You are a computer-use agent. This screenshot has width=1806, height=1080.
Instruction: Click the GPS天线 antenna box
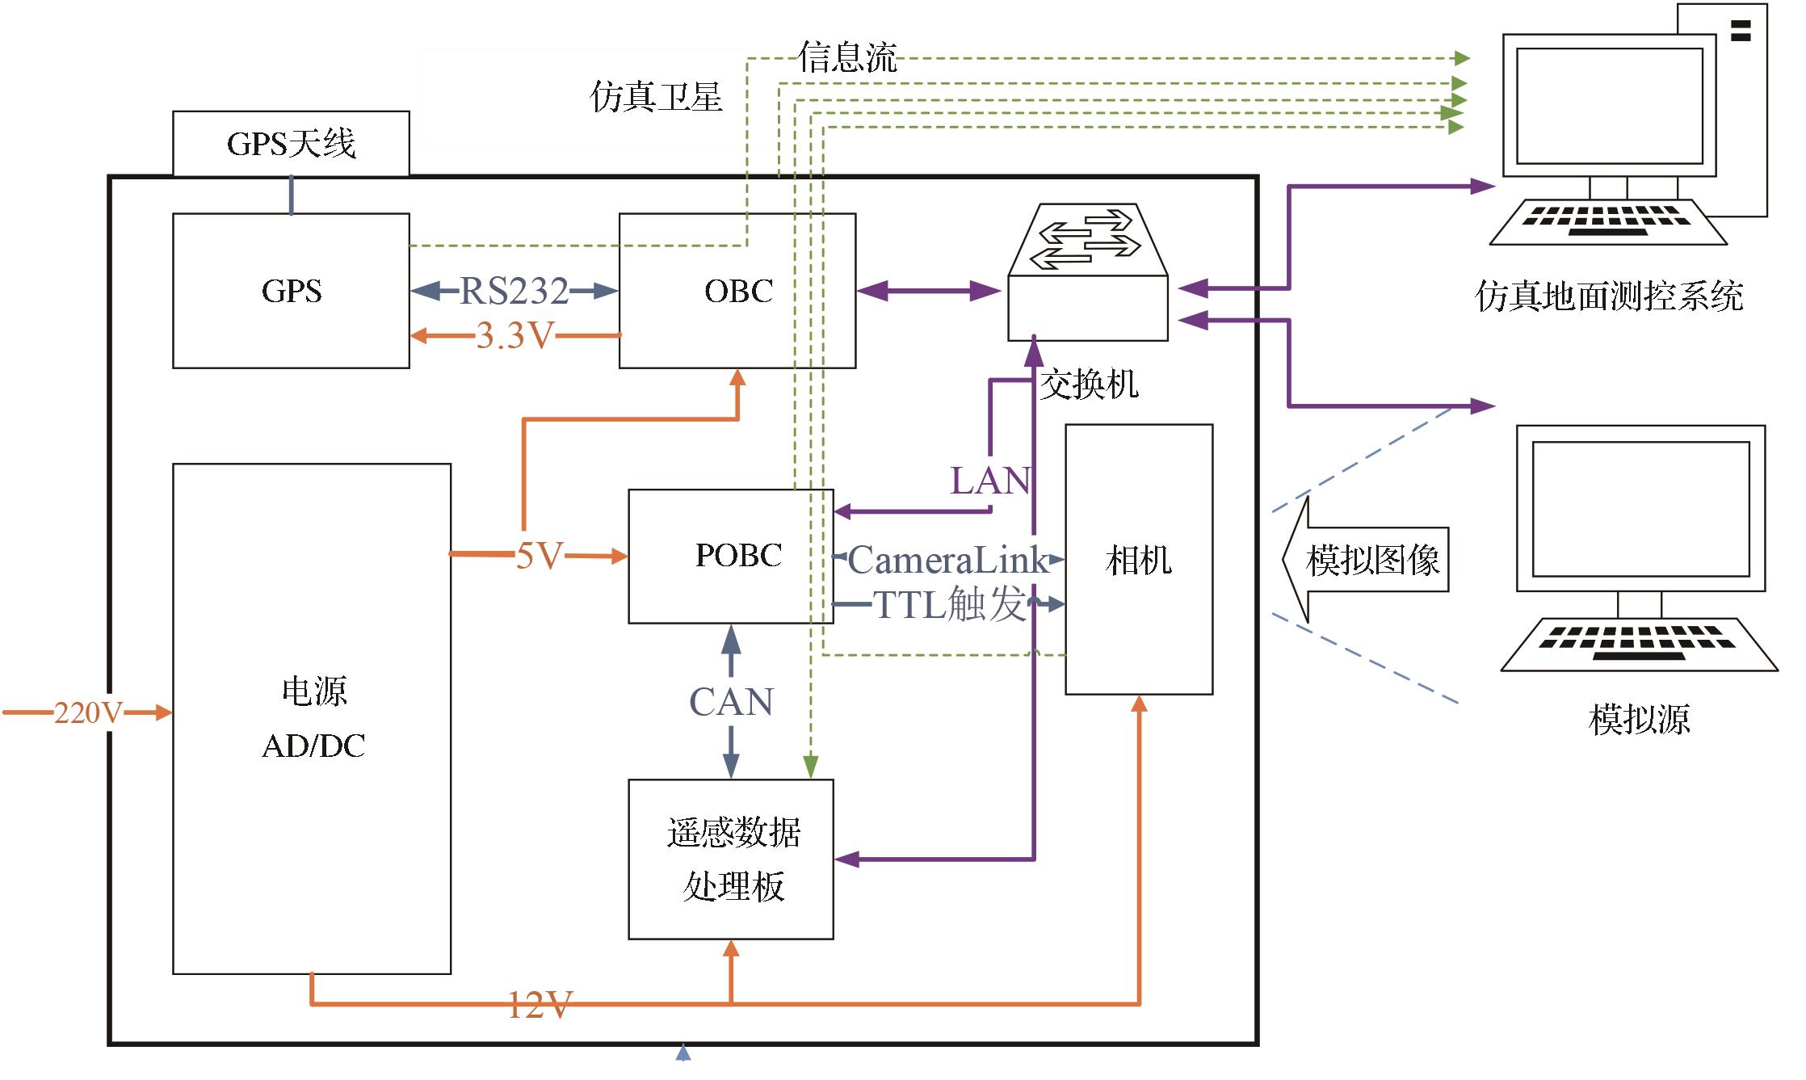[x=291, y=144]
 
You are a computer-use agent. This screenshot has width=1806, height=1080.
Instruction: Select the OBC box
[x=737, y=291]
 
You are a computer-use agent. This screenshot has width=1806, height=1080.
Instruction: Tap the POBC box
[x=731, y=556]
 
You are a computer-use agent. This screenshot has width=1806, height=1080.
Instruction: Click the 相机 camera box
[x=1139, y=560]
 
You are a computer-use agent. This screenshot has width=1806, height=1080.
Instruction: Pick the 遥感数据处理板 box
[x=731, y=859]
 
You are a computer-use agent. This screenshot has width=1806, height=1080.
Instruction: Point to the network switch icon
[x=1088, y=273]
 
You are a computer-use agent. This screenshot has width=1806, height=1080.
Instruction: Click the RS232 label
[x=514, y=292]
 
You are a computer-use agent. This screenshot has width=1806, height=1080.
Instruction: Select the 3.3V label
[x=514, y=335]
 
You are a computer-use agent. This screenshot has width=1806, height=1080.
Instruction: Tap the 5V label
[x=539, y=555]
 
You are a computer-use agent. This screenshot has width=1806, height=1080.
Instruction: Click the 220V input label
[x=88, y=712]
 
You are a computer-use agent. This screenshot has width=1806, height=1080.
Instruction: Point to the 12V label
[x=540, y=1005]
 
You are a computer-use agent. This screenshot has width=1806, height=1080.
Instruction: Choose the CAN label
[x=731, y=702]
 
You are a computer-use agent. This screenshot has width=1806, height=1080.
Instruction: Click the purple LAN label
[x=990, y=481]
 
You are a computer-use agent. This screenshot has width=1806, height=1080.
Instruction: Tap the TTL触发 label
[x=949, y=604]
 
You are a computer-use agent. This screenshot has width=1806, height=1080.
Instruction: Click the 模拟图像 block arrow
[x=1365, y=560]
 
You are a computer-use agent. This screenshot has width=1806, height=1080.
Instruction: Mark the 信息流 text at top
[x=848, y=58]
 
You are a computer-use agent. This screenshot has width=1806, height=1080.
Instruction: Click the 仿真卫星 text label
[x=656, y=97]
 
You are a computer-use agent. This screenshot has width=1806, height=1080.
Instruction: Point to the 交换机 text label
[x=1089, y=385]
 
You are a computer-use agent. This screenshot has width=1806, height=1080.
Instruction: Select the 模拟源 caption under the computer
[x=1639, y=719]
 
